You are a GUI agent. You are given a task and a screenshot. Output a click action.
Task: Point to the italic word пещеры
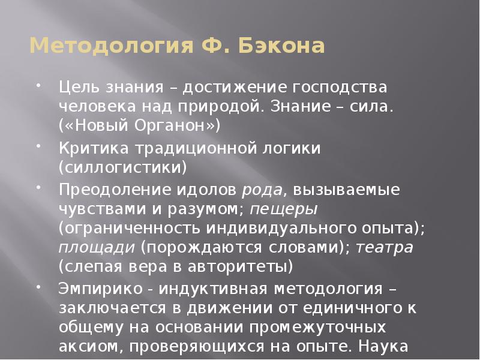click(284, 210)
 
